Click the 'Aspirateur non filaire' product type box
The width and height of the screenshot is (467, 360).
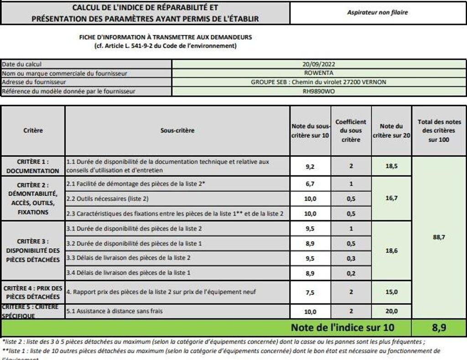click(378, 13)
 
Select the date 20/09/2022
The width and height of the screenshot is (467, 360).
click(318, 65)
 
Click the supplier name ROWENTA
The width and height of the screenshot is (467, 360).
click(318, 73)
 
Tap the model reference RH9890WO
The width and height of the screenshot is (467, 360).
click(318, 91)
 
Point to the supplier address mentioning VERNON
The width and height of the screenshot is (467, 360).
click(318, 82)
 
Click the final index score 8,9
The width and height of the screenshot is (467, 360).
click(439, 327)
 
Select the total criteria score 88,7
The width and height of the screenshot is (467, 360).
click(439, 237)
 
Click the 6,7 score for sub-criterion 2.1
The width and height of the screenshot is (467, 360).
click(310, 184)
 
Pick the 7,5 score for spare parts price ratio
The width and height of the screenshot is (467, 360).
click(310, 293)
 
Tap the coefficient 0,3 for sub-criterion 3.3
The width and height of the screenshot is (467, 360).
click(351, 258)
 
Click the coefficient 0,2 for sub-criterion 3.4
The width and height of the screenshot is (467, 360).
click(351, 273)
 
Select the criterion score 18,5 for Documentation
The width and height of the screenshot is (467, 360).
click(391, 166)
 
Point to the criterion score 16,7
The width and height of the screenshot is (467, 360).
click(391, 198)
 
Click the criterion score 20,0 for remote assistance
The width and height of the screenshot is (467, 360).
click(391, 311)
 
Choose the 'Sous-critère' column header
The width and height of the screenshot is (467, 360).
click(177, 130)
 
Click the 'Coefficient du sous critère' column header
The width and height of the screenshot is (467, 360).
click(351, 130)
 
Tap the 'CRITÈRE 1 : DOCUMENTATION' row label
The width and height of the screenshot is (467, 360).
click(33, 166)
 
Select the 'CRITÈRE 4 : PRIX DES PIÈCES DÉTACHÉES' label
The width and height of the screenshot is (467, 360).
click(33, 292)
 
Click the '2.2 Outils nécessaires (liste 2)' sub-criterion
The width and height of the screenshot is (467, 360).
click(108, 199)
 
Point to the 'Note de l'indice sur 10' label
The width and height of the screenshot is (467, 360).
click(342, 327)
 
